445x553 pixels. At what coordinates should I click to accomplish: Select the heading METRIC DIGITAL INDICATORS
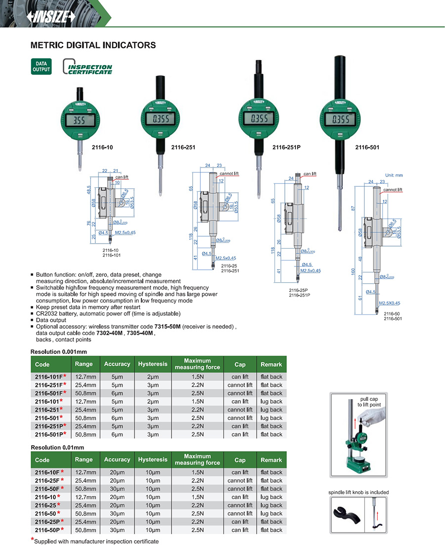[93, 45]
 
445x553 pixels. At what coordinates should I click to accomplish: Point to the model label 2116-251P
[286, 147]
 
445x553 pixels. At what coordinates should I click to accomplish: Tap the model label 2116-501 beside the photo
[367, 147]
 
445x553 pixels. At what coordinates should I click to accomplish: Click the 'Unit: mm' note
[394, 175]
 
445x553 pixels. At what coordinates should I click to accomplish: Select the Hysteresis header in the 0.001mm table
[152, 364]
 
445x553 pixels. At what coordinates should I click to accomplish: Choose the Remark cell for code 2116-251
[271, 410]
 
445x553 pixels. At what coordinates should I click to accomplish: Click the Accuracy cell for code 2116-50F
[117, 489]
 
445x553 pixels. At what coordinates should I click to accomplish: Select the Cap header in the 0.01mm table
[240, 460]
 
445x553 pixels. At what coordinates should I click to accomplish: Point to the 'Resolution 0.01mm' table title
[56, 447]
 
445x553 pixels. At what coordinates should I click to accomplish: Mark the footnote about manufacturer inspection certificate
[96, 541]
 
